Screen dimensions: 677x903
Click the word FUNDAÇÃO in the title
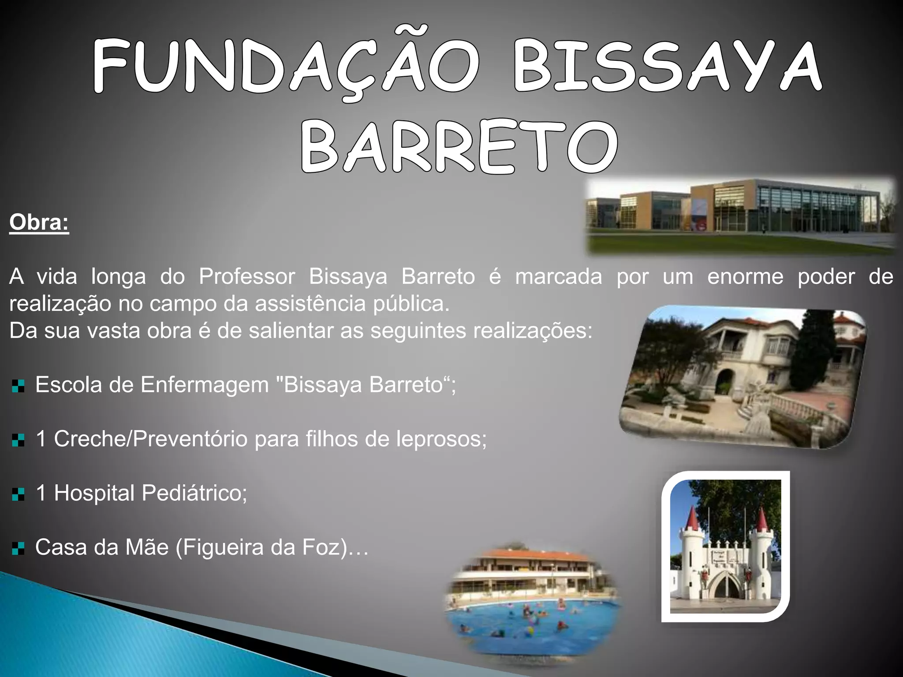click(x=284, y=66)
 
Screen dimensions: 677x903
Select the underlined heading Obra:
click(x=39, y=223)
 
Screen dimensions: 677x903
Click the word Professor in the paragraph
click(x=246, y=277)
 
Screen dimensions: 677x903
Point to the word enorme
click(x=745, y=277)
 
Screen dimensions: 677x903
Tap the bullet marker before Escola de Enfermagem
click(x=18, y=386)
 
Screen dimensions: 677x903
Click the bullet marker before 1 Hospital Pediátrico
click(x=18, y=494)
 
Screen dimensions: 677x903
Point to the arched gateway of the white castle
click(x=725, y=586)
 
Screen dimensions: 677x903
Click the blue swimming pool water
click(x=529, y=626)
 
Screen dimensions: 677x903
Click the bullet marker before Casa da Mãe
click(x=18, y=549)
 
